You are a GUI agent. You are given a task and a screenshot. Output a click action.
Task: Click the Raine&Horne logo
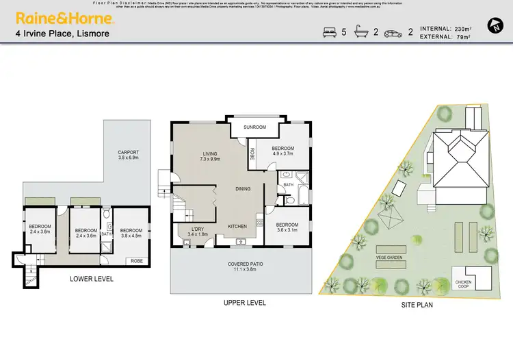pyautogui.click(x=65, y=17)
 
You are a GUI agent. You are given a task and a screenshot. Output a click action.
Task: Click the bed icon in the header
pyautogui.click(x=329, y=32)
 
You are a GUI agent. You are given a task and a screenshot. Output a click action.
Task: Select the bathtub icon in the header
pyautogui.click(x=360, y=32)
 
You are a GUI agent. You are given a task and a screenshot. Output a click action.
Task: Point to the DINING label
pyautogui.click(x=243, y=188)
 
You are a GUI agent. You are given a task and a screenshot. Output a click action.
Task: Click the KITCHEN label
pyautogui.click(x=237, y=226)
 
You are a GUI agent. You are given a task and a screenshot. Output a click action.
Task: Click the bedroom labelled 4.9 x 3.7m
pyautogui.click(x=282, y=151)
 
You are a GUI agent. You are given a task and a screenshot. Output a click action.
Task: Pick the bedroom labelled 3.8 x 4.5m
pyautogui.click(x=129, y=234)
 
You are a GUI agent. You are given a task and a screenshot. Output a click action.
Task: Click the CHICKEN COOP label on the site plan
pyautogui.click(x=465, y=283)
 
